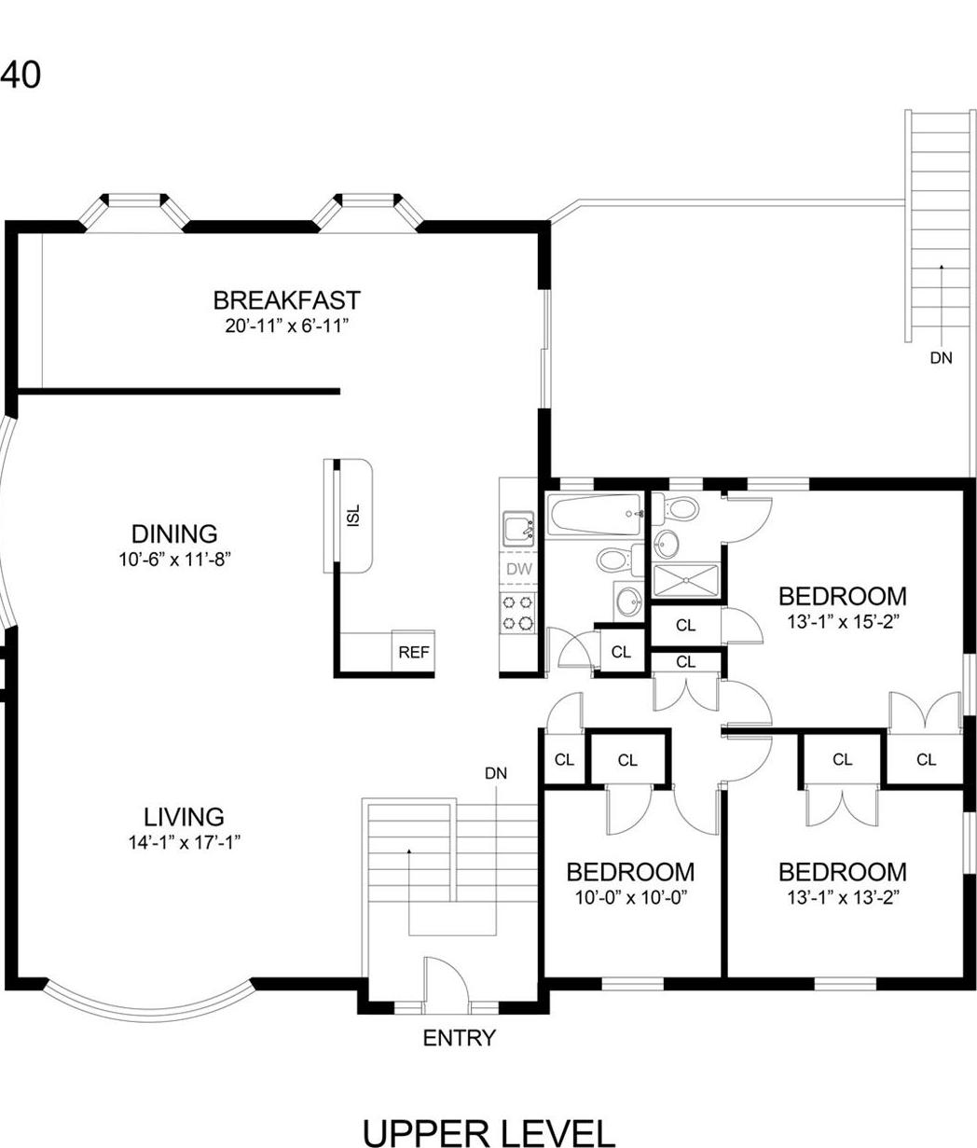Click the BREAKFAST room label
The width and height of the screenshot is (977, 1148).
pos(286,300)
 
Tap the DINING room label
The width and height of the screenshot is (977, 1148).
pos(174,534)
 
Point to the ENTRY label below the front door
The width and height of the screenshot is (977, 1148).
pos(459,1038)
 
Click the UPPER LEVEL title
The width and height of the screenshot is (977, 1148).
pos(488,1131)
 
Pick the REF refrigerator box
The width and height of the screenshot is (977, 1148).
pos(414,652)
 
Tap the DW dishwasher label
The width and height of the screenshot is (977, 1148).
pos(517,569)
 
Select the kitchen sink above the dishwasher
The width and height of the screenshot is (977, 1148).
pos(516,530)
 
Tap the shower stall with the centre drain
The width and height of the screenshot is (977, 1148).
pos(685,580)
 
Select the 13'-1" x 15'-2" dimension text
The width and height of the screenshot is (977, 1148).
pos(842,618)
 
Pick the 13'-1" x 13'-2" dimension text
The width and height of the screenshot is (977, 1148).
pos(842,897)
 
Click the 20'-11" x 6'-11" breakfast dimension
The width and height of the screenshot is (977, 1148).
pos(286,325)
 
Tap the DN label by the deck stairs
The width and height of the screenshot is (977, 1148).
pos(941,357)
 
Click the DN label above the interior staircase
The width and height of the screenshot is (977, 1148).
pos(496,773)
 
